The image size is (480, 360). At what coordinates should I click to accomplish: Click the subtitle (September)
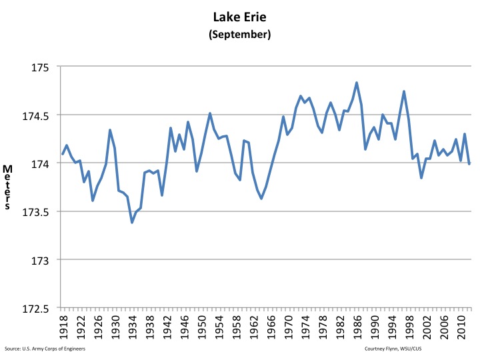241,35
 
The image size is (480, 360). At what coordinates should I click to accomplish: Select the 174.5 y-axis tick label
37,115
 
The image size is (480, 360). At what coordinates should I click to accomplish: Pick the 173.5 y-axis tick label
37,211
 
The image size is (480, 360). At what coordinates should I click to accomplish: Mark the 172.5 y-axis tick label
37,308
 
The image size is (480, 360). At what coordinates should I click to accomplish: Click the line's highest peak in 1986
357,83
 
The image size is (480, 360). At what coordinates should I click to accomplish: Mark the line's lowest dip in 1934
132,222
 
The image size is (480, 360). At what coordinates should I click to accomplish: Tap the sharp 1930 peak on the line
110,130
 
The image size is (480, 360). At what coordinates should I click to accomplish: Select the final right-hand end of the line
469,163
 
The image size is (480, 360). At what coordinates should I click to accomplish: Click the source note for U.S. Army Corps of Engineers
45,349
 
